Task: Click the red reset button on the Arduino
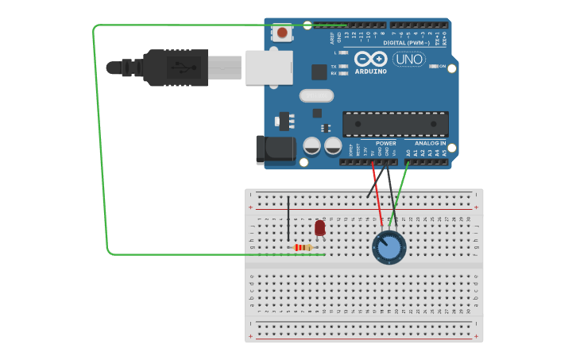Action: pos(281,33)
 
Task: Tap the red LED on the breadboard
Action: pos(320,228)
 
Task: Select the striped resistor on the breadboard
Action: pos(303,248)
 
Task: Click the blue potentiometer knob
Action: pos(389,247)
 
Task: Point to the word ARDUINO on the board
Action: pos(371,72)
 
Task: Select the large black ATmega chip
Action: pos(395,124)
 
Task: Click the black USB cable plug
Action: pos(175,67)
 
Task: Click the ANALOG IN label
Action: pos(430,144)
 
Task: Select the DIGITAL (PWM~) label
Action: pos(406,43)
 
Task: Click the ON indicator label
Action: pos(443,67)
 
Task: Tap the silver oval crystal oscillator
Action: pos(316,96)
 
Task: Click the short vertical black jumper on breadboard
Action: pos(288,218)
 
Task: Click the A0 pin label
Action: pos(408,152)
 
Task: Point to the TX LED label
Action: pos(334,67)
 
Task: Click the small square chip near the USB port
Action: pos(319,72)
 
